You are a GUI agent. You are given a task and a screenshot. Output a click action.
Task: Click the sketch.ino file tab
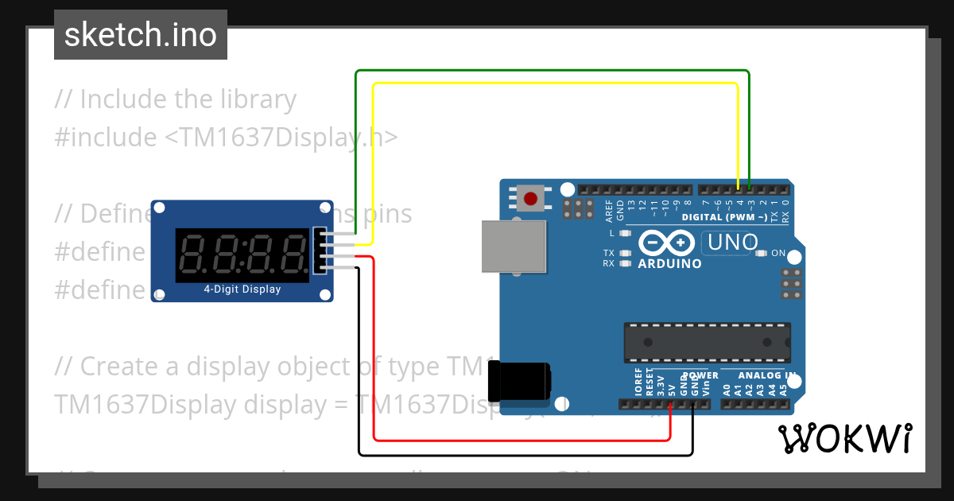click(x=141, y=35)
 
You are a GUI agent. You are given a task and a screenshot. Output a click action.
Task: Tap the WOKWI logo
click(x=844, y=438)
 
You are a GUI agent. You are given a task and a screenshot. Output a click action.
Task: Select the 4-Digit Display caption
click(x=242, y=289)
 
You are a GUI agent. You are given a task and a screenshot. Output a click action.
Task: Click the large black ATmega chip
click(x=707, y=342)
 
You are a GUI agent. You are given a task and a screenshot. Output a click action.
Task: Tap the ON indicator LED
click(x=761, y=254)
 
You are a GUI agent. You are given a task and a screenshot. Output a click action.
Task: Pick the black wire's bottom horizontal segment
click(x=525, y=456)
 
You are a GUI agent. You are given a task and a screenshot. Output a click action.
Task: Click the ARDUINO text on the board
click(x=669, y=263)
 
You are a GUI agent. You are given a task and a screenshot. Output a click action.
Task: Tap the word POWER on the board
click(x=700, y=375)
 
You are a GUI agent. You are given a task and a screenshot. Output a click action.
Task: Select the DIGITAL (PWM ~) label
click(x=724, y=217)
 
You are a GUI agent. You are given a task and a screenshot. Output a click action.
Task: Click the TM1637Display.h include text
click(x=281, y=138)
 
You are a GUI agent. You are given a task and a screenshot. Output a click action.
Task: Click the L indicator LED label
click(x=611, y=233)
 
